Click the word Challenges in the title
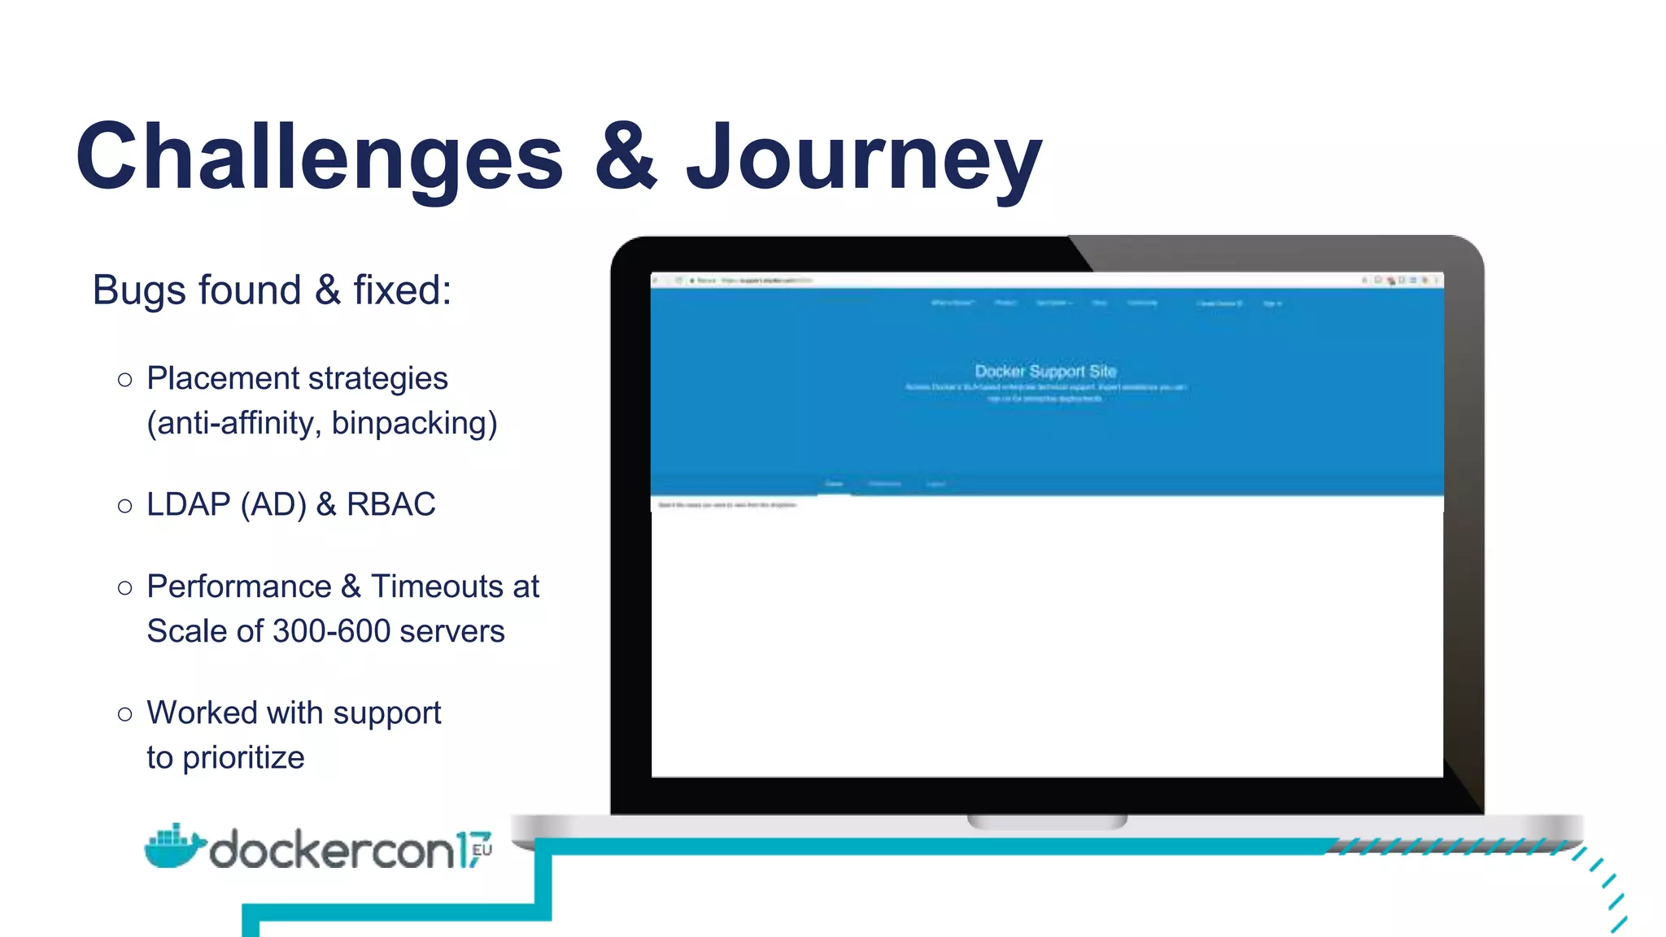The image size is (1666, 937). pyautogui.click(x=319, y=157)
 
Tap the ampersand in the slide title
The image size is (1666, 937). pyautogui.click(x=625, y=155)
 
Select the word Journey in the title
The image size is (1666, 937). pyautogui.click(x=864, y=159)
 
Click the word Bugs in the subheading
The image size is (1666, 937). pyautogui.click(x=139, y=290)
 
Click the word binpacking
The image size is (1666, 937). pyautogui.click(x=414, y=424)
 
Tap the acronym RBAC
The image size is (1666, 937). pyautogui.click(x=391, y=504)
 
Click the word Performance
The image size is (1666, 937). pyautogui.click(x=239, y=586)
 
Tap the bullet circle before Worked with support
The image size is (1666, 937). pyautogui.click(x=124, y=714)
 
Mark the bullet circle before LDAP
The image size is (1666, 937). pyautogui.click(x=124, y=506)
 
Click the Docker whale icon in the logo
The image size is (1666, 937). pyautogui.click(x=173, y=847)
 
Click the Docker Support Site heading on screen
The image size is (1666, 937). pyautogui.click(x=1045, y=371)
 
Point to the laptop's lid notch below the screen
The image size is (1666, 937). pyautogui.click(x=1047, y=822)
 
